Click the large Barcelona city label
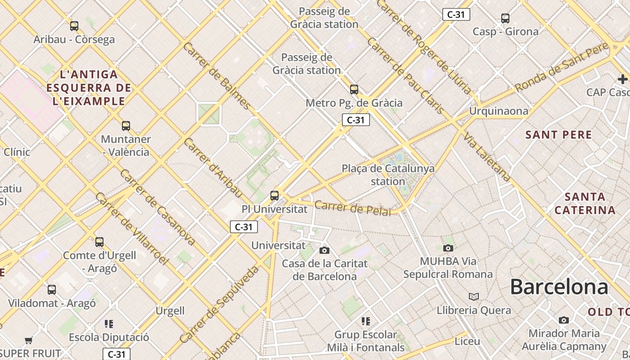[559, 287]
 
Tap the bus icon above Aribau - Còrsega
[74, 26]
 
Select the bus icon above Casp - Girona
[505, 18]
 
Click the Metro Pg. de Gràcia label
[354, 103]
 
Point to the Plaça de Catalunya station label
[388, 175]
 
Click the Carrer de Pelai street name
[352, 209]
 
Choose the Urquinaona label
[499, 111]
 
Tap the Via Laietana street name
[488, 157]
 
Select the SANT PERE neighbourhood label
[559, 135]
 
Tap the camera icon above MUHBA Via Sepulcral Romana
[448, 248]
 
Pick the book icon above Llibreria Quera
[473, 297]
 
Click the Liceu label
[467, 341]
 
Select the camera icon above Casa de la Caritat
[324, 250]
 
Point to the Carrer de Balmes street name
[216, 76]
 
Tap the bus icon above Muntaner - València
[126, 126]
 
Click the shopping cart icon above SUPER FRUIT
[29, 340]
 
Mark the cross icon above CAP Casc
[622, 79]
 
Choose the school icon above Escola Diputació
[108, 324]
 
